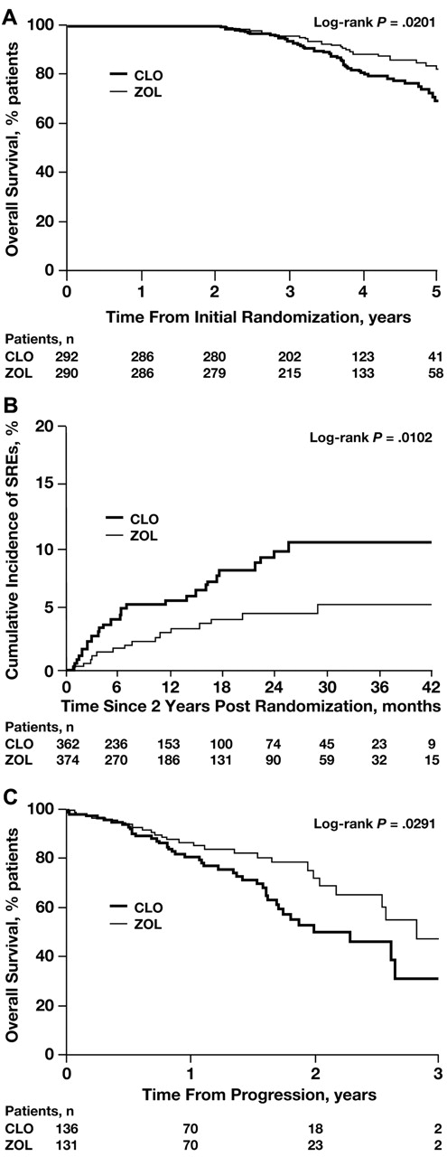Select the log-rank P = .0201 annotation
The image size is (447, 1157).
point(387,21)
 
